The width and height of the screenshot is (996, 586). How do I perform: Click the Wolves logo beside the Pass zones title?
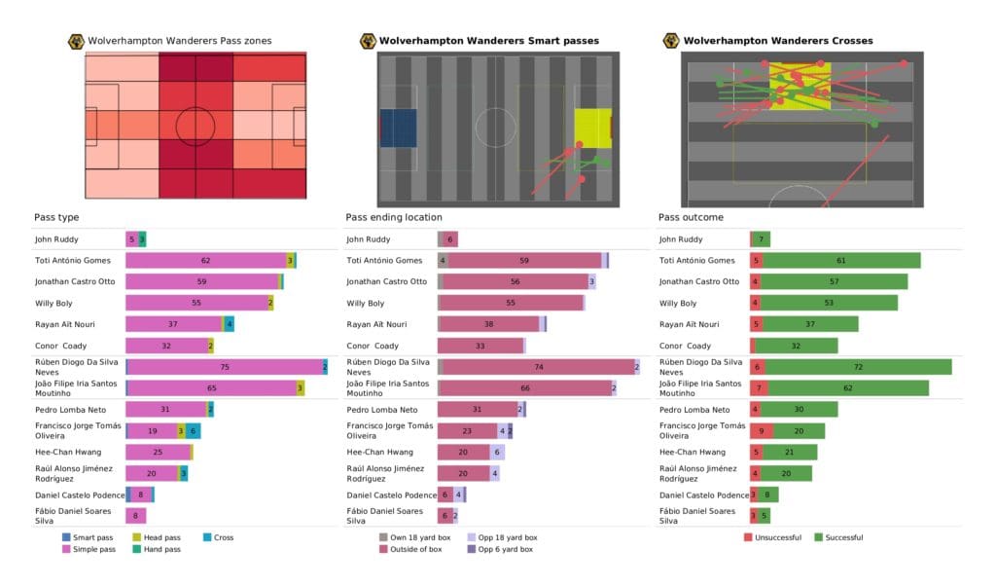click(x=75, y=41)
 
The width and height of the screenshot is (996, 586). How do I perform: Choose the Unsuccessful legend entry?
click(x=775, y=537)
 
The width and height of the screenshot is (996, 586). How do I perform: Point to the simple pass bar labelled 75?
click(x=224, y=366)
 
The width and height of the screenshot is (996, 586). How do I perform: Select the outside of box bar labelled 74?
click(x=538, y=366)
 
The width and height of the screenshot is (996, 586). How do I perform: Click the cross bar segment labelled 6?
click(x=194, y=430)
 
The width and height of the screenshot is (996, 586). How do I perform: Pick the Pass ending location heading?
click(x=393, y=217)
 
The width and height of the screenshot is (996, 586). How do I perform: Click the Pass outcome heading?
click(x=691, y=217)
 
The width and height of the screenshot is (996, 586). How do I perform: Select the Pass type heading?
click(x=55, y=217)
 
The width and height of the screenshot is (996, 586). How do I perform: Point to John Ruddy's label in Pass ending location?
click(x=369, y=238)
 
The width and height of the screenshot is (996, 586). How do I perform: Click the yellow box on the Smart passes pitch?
click(x=592, y=128)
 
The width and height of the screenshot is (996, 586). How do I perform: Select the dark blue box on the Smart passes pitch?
click(x=398, y=128)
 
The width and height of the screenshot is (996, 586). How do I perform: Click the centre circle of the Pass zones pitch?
click(x=196, y=126)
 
